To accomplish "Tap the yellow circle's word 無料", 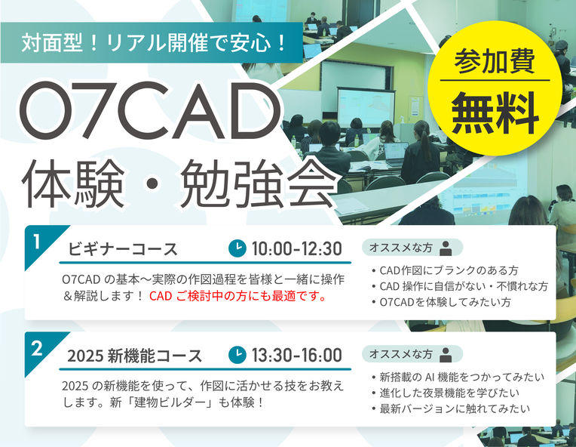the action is (495, 113).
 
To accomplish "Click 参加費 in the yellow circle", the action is (495, 61).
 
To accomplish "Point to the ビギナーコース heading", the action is (122, 249).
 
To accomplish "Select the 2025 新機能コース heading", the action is (134, 356).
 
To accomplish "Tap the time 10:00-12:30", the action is (297, 248).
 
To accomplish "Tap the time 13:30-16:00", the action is (297, 355).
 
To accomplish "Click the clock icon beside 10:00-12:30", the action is (237, 248).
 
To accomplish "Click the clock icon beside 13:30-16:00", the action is (237, 355).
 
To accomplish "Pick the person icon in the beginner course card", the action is (446, 248).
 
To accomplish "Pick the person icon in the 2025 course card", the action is (446, 355).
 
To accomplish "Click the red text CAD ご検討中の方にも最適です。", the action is (237, 296).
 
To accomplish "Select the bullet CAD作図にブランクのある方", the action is (449, 270).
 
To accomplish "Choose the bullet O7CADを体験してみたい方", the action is (446, 302).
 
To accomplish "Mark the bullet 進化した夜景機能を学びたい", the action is (449, 393).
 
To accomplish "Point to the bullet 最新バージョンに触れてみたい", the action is (455, 408).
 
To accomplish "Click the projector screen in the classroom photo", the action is (361, 106).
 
